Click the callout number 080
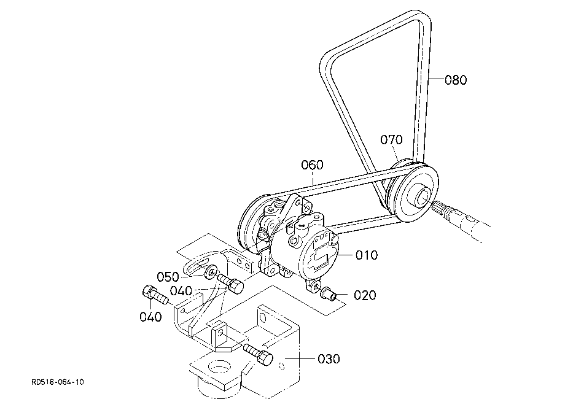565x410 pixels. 456,80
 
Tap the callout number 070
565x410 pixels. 391,139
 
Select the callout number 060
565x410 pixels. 312,165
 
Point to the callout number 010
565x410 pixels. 367,255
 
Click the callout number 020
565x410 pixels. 365,295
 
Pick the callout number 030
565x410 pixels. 329,359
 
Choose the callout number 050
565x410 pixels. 168,277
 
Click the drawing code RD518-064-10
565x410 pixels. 58,382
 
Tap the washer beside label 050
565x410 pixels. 210,272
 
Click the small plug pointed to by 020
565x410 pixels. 329,293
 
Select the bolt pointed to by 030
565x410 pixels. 259,354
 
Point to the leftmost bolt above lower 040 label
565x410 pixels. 155,294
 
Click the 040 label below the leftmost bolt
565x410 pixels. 150,317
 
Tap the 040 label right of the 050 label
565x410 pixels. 181,290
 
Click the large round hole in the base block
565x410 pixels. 217,369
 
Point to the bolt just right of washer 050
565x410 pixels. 230,283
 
